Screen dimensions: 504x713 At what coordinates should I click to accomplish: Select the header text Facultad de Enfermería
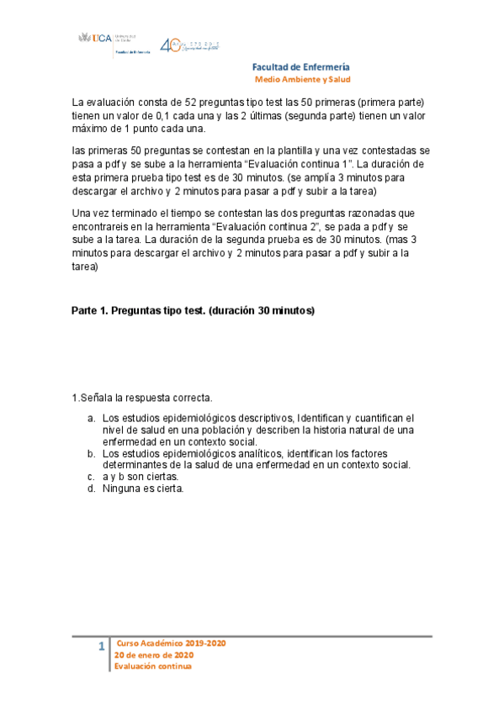point(301,67)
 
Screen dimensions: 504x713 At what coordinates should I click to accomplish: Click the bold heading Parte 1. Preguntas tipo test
point(193,310)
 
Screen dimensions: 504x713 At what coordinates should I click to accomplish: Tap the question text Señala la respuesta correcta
point(145,398)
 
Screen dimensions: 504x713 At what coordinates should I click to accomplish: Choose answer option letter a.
point(90,418)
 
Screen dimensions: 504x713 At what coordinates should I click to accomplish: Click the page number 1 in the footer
point(102,647)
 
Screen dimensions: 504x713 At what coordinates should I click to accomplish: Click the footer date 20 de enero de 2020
point(154,655)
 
